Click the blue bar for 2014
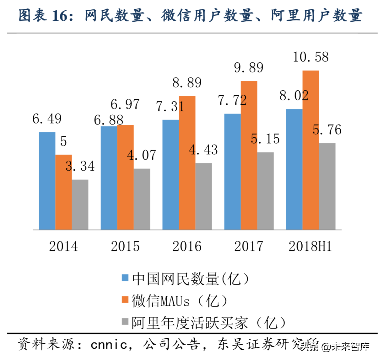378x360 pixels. pyautogui.click(x=47, y=181)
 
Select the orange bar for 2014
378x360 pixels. pyautogui.click(x=64, y=192)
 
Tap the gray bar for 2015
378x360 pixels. pyautogui.click(x=142, y=199)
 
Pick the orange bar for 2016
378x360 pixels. pyautogui.click(x=187, y=163)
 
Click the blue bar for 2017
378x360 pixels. pyautogui.click(x=232, y=172)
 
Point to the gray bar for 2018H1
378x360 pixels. pyautogui.click(x=327, y=186)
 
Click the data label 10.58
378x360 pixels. pyautogui.click(x=310, y=57)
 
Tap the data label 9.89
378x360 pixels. pyautogui.click(x=249, y=68)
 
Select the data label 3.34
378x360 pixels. pyautogui.click(x=80, y=166)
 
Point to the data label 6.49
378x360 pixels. pyautogui.click(x=47, y=119)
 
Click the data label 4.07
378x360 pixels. pyautogui.click(x=142, y=155)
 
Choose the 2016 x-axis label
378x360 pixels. pyautogui.click(x=187, y=246)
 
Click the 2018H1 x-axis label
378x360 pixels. pyautogui.click(x=310, y=246)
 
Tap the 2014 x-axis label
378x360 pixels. pyautogui.click(x=63, y=246)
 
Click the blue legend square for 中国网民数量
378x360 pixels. pyautogui.click(x=125, y=278)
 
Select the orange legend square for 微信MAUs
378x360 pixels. pyautogui.click(x=125, y=300)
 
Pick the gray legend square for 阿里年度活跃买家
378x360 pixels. pyautogui.click(x=125, y=322)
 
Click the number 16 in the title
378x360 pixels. pyautogui.click(x=60, y=16)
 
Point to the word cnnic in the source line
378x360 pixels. pyautogui.click(x=109, y=345)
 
